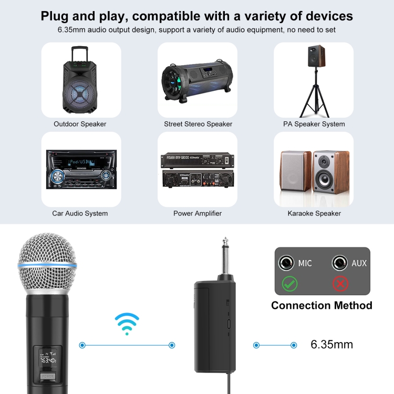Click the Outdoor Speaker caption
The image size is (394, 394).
point(80,124)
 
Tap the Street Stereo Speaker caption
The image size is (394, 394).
point(198,124)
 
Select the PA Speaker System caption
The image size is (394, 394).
point(314,124)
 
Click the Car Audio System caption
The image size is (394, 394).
point(80,213)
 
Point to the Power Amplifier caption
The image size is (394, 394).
point(198,213)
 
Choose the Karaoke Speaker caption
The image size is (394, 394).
point(314,213)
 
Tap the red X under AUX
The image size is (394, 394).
point(341,284)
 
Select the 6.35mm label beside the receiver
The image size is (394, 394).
point(331,345)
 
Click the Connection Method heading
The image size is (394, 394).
point(322,305)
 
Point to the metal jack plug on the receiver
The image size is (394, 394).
point(225,257)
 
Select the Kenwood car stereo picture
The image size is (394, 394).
point(80,169)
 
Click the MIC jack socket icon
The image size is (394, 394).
point(287,263)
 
